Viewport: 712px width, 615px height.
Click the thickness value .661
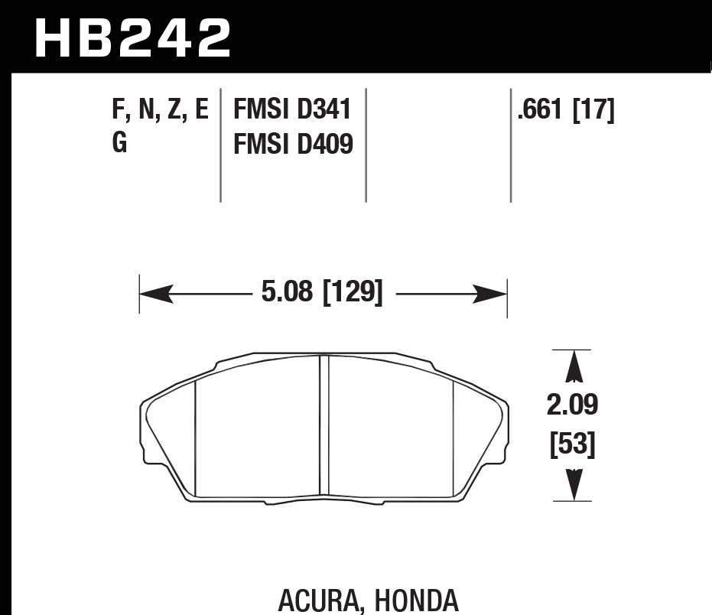click(x=541, y=110)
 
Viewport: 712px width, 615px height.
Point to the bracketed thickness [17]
click(x=593, y=110)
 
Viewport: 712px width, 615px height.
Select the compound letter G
click(x=120, y=143)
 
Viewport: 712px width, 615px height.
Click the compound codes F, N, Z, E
click(x=160, y=110)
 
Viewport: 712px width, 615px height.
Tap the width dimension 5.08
click(x=282, y=292)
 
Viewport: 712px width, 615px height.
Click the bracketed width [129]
click(x=353, y=292)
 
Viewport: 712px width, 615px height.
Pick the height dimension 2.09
click(x=572, y=405)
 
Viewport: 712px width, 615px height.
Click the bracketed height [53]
click(x=572, y=444)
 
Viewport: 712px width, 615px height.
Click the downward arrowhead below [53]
click(x=572, y=483)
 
